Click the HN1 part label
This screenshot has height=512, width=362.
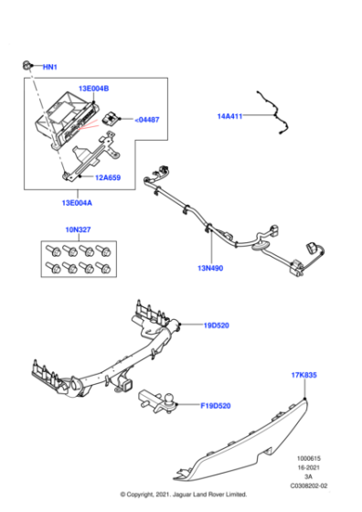pos(50,68)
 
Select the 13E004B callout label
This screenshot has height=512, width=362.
pos(93,89)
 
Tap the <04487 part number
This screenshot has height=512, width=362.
pos(147,119)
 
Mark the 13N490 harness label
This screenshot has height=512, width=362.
pos(211,268)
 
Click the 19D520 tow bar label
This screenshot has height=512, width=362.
pos(218,325)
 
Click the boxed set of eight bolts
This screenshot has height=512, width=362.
pos(77,260)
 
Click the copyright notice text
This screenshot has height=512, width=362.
pos(181,495)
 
